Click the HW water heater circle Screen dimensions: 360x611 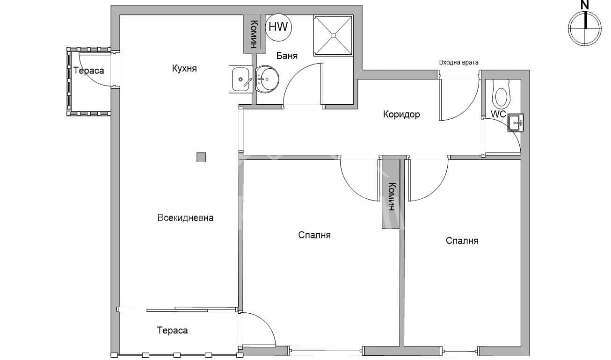(x=278, y=27)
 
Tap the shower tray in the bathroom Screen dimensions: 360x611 (x=333, y=35)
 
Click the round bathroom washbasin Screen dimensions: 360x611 (x=267, y=79)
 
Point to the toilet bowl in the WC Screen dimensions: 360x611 (x=501, y=95)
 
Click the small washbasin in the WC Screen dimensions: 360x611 (x=515, y=123)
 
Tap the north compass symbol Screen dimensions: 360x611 (x=584, y=28)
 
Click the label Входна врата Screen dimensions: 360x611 (x=458, y=62)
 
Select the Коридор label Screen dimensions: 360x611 (x=401, y=114)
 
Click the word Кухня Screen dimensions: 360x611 (x=184, y=69)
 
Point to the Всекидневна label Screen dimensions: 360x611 (x=185, y=218)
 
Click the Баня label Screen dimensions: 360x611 (x=287, y=56)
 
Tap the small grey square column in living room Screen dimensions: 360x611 (x=201, y=157)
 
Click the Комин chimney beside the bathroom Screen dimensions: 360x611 (x=253, y=34)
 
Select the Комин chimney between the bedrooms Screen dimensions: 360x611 (x=391, y=196)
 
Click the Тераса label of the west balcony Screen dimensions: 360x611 (x=88, y=71)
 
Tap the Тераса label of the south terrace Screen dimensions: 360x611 (x=172, y=331)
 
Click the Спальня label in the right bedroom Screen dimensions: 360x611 (x=462, y=241)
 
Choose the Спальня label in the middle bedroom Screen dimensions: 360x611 (x=314, y=235)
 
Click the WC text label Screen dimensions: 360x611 (x=498, y=114)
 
